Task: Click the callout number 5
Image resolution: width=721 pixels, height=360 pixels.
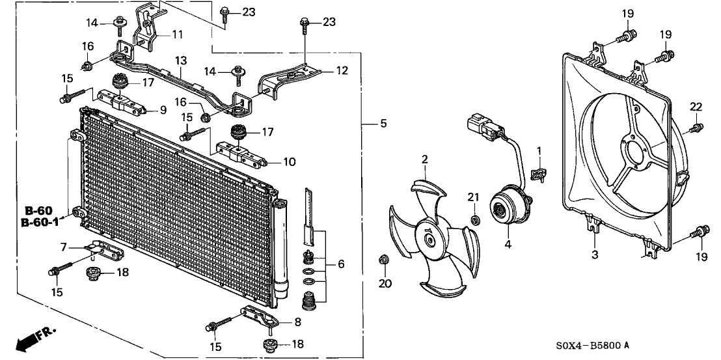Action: (384, 123)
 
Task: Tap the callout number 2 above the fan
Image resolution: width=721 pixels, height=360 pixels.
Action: (424, 158)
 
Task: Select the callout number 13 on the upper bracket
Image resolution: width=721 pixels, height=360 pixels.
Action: (180, 60)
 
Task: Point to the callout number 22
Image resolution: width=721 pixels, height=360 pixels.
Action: (696, 107)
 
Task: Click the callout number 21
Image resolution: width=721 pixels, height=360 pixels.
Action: (474, 197)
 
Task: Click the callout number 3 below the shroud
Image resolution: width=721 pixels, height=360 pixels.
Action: (595, 255)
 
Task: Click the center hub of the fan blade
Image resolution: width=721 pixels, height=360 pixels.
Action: (429, 240)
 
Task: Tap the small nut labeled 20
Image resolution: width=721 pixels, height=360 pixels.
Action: (383, 262)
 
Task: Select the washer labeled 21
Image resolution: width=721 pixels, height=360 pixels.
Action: (476, 217)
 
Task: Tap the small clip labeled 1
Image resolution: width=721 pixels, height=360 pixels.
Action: (538, 173)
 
